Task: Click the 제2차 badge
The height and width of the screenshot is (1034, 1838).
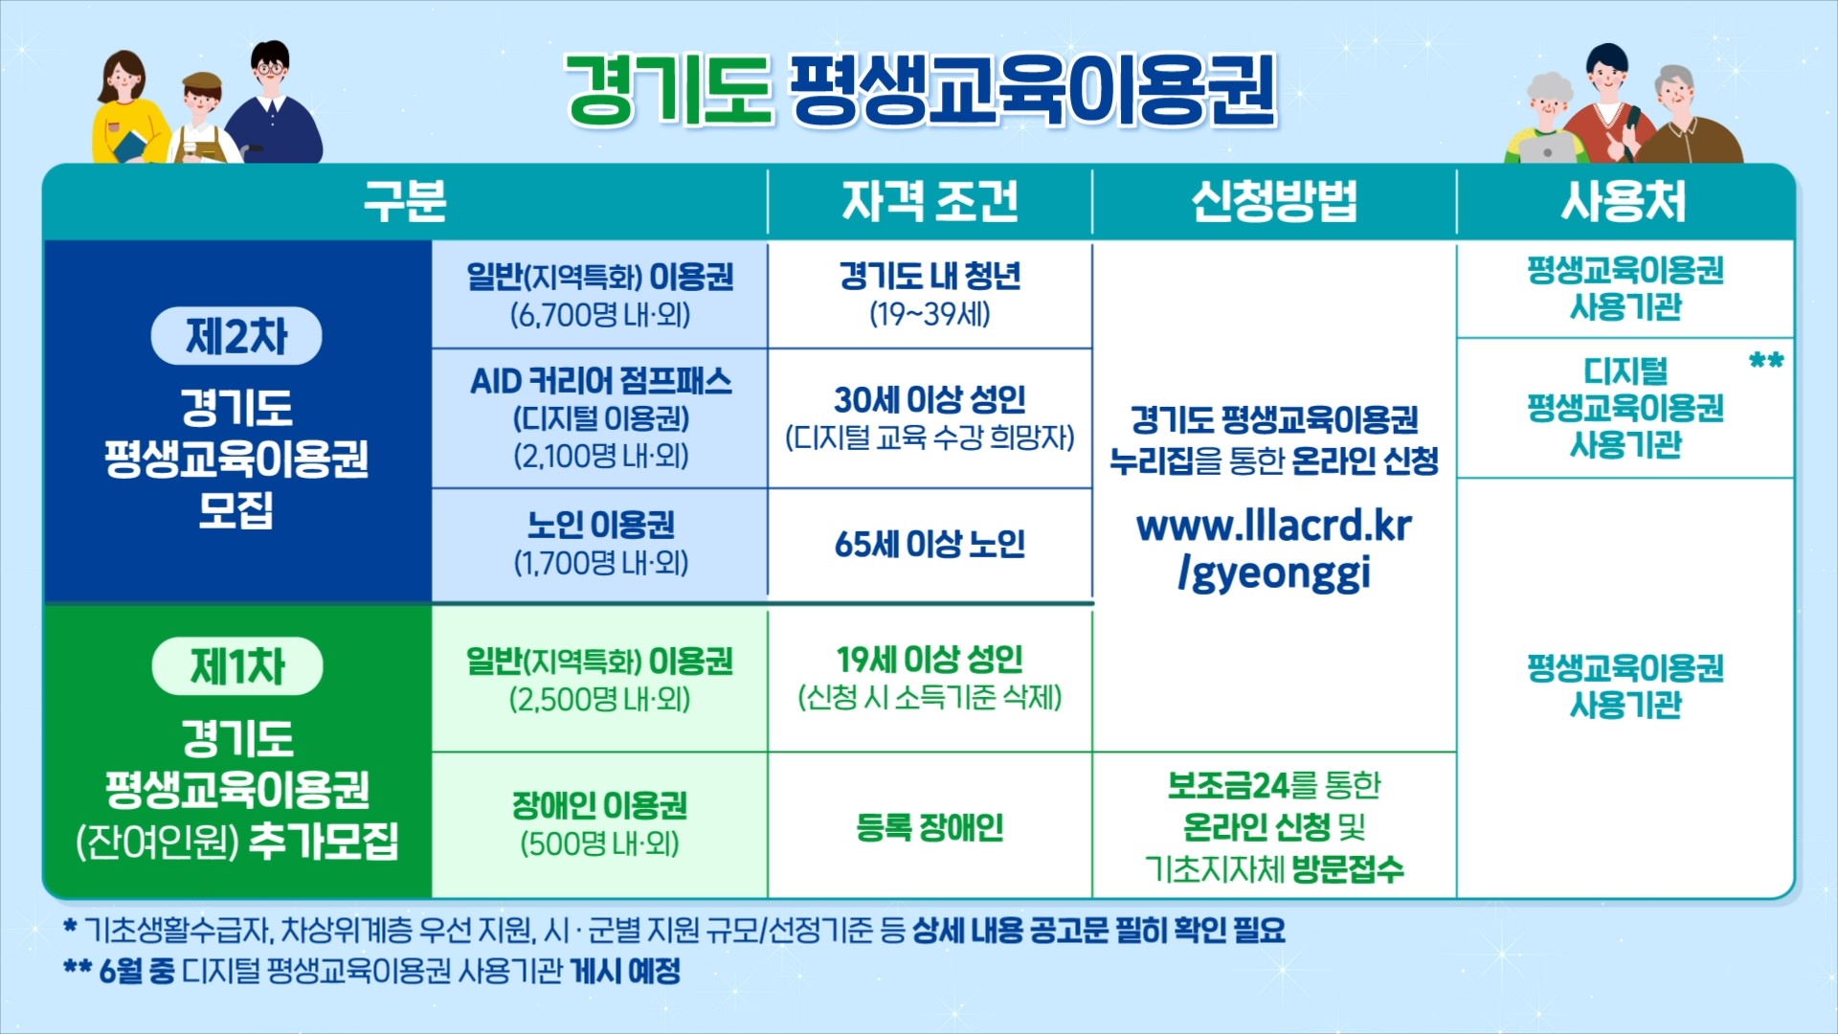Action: click(236, 336)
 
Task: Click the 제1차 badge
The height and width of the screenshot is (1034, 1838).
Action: click(237, 666)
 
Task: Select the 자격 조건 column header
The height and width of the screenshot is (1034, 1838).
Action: click(930, 201)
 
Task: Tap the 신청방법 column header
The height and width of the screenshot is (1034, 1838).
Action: click(1274, 201)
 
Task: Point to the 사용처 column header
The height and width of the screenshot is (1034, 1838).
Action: click(1625, 201)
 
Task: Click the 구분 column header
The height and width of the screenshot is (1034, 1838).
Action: click(405, 201)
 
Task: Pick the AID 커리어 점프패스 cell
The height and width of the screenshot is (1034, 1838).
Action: click(600, 418)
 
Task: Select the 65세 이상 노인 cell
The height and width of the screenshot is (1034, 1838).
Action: click(930, 544)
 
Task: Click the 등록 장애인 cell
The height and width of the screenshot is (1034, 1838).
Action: click(930, 826)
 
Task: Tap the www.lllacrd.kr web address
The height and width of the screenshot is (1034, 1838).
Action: click(1274, 526)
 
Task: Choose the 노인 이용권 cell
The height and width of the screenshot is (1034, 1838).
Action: click(600, 544)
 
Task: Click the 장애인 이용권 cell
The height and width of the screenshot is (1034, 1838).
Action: click(600, 825)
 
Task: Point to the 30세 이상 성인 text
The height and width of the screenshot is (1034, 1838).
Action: click(930, 399)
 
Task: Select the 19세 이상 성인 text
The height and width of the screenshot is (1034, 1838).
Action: click(930, 660)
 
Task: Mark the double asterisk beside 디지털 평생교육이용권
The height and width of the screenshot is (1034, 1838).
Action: click(1766, 361)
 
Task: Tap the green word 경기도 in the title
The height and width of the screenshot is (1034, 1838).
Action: click(668, 89)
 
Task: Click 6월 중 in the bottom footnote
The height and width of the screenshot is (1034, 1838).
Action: click(137, 972)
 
